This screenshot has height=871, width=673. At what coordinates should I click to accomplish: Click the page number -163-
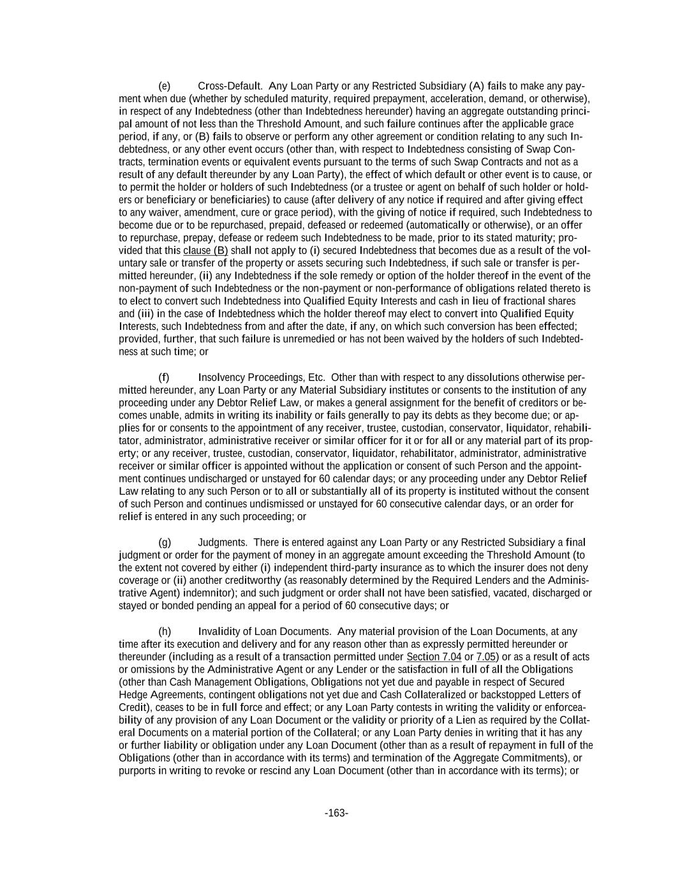tap(336, 813)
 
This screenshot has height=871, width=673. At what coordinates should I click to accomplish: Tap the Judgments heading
tap(223, 542)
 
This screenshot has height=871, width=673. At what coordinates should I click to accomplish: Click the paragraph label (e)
tap(164, 86)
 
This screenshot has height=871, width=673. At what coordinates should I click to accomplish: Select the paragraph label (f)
tap(164, 377)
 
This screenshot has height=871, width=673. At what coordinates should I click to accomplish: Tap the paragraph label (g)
tap(165, 542)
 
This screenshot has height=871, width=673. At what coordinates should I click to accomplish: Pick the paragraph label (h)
tap(165, 632)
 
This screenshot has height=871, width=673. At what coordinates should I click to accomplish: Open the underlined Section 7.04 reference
tap(434, 657)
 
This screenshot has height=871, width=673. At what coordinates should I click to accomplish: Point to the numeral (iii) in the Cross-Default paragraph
tap(145, 314)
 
